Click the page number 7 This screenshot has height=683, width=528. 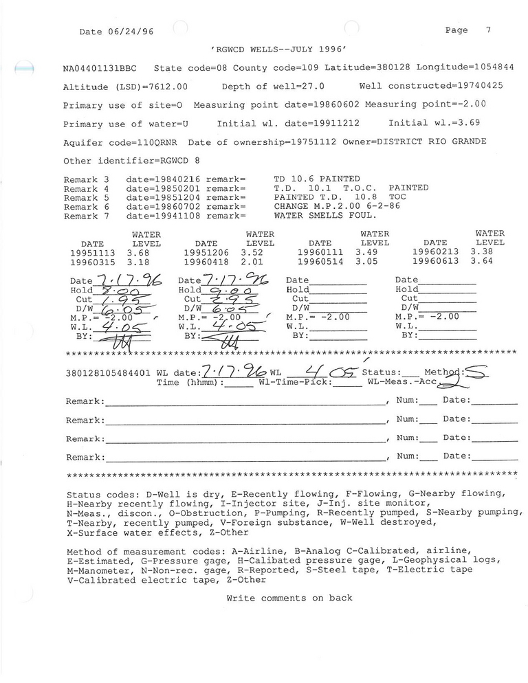[488, 30]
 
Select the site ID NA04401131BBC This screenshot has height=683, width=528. [100, 69]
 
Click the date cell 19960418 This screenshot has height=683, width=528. [206, 262]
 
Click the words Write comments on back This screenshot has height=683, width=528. [289, 598]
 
